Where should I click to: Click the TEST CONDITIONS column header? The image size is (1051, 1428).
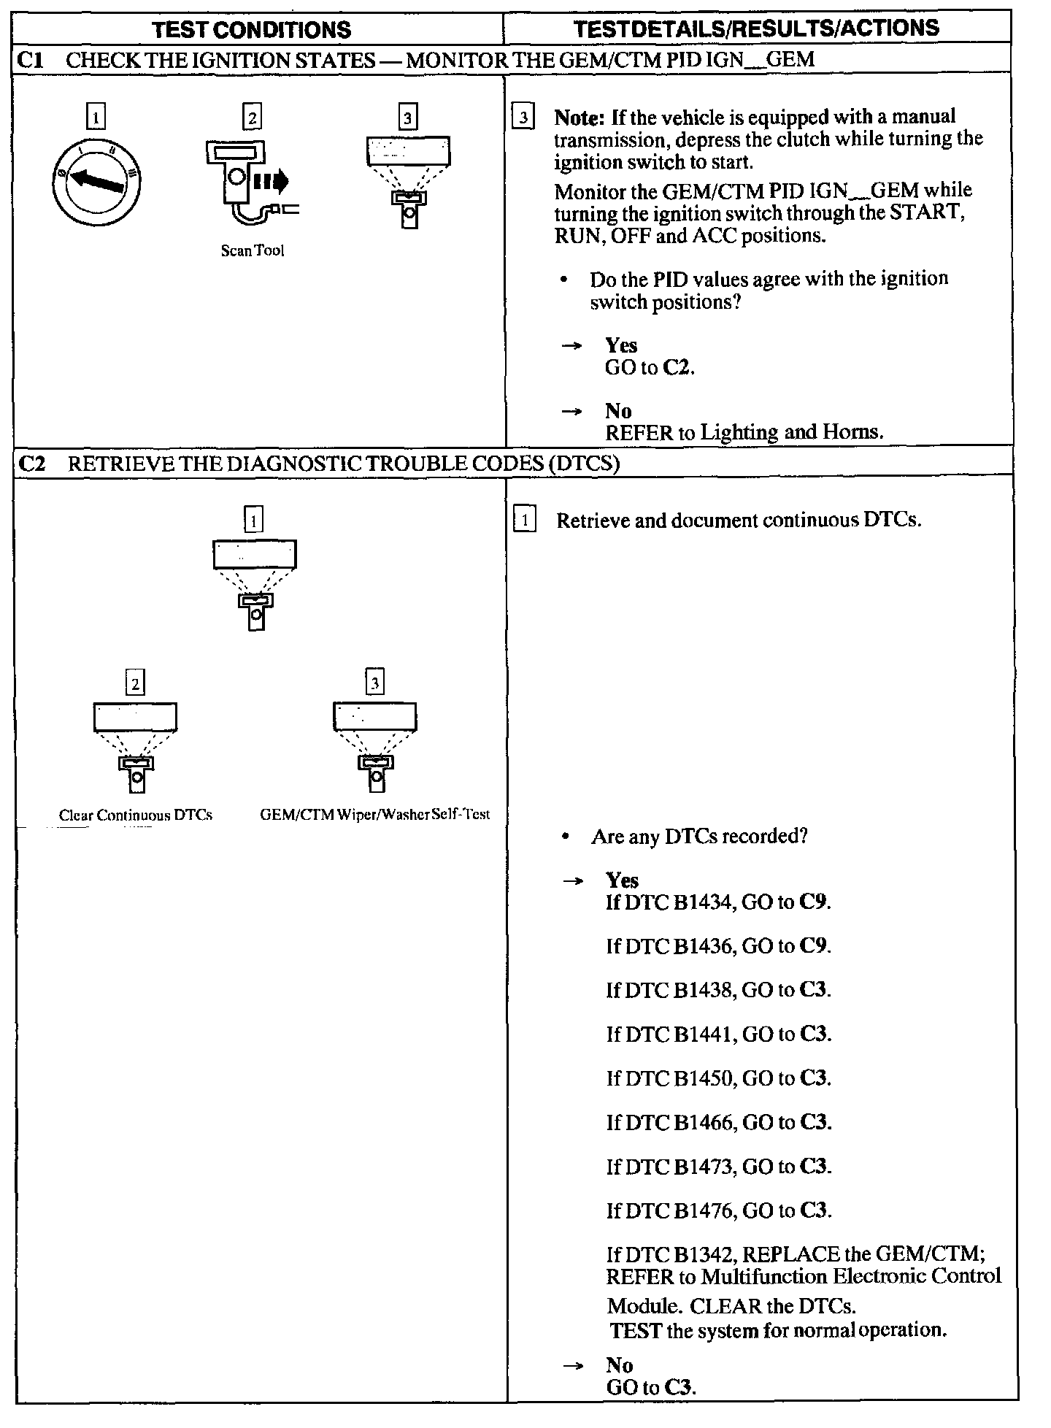coord(252,29)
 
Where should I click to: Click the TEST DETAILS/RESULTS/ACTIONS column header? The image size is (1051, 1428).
coord(756,28)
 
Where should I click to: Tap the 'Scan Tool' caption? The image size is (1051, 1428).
coord(253,251)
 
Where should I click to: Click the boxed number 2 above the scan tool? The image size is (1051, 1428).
coord(252,118)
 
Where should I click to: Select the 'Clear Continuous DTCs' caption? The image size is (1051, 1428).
coord(136,815)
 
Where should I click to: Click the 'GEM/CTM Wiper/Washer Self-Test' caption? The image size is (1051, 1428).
coord(375,815)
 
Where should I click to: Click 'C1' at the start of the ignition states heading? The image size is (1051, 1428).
coord(30,60)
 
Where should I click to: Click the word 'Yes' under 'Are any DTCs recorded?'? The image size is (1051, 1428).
coord(622,881)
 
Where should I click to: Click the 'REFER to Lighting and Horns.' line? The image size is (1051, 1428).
coord(744,433)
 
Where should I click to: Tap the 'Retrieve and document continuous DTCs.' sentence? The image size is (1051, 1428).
coord(739,521)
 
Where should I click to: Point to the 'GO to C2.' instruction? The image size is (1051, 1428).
coord(650,368)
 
